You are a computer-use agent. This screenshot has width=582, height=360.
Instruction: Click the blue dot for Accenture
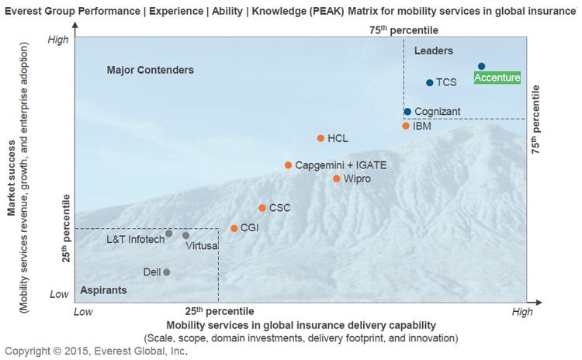click(x=481, y=67)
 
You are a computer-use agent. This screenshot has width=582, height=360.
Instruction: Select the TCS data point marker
click(x=429, y=83)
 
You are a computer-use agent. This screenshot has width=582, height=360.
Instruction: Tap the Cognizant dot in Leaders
click(x=407, y=112)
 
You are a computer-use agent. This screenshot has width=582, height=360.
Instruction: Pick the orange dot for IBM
click(x=405, y=126)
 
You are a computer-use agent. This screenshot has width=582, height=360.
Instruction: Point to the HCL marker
click(x=320, y=138)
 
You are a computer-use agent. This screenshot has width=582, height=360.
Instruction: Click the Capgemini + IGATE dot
click(x=288, y=165)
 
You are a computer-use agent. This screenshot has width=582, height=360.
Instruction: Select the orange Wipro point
click(x=337, y=178)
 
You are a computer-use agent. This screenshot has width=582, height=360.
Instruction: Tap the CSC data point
click(x=262, y=208)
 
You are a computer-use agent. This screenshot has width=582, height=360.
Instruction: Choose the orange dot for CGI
click(x=234, y=228)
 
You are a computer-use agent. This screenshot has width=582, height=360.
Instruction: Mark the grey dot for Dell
click(x=166, y=272)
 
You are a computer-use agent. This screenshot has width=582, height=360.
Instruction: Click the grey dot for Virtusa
click(x=185, y=236)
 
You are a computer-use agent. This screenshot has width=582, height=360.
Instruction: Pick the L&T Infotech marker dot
click(x=168, y=234)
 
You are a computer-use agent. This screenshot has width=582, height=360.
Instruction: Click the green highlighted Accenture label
click(x=497, y=78)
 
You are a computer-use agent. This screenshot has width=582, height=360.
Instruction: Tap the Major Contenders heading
click(x=150, y=71)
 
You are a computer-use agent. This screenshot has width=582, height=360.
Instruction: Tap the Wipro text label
click(x=357, y=179)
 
